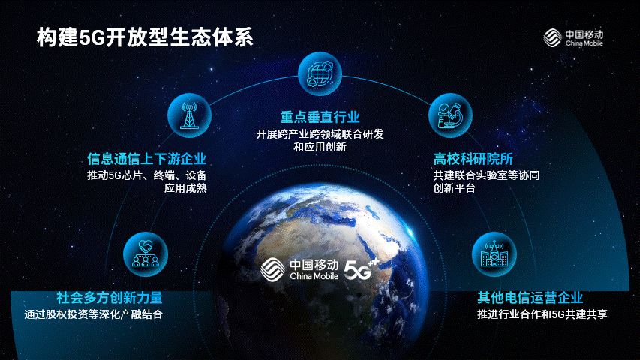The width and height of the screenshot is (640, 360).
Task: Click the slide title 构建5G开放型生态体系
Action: pos(145,37)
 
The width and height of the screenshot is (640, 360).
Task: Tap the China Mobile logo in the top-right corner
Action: pos(573,37)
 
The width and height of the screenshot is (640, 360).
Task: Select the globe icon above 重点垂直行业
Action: pos(320,74)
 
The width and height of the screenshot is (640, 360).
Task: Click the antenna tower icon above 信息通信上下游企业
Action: pos(189,115)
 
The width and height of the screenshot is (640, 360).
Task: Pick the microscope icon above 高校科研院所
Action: pos(450,115)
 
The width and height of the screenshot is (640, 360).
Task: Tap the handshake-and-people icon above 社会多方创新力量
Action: pos(146,254)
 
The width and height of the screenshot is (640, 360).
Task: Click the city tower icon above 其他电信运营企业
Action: pos(494,254)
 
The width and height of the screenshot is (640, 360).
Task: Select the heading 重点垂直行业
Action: pos(320,118)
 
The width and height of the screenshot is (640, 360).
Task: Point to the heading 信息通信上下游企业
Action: pos(147,159)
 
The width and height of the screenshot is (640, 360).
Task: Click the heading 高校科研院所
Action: pos(473,159)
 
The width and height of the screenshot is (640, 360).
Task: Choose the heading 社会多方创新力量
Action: pos(110,298)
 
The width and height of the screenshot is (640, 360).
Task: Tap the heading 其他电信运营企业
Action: pos(530,298)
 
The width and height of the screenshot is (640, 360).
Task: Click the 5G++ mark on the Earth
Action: pos(362,269)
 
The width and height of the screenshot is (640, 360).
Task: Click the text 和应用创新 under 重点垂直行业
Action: pos(320,147)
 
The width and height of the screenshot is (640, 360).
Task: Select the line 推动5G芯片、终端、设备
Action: pos(147,175)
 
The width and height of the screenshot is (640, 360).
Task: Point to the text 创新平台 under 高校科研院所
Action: pos(454,188)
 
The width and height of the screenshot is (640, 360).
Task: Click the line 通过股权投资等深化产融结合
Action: pos(94,314)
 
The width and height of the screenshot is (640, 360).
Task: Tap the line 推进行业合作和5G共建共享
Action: pos(542,314)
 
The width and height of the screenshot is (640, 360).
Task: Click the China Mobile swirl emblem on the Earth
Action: pos(272,270)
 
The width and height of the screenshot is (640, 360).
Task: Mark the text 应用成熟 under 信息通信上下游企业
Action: pos(186,188)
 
